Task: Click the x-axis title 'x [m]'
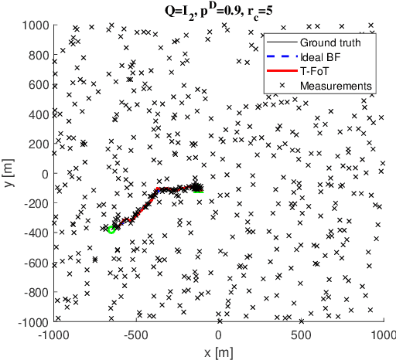pyautogui.click(x=219, y=352)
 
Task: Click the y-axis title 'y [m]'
pyautogui.click(x=9, y=173)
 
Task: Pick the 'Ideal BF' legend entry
pyautogui.click(x=322, y=56)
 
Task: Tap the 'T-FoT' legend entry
pyautogui.click(x=316, y=70)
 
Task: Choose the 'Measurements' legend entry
pyautogui.click(x=336, y=84)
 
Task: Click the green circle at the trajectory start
pyautogui.click(x=111, y=229)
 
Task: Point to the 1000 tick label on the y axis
pyautogui.click(x=33, y=25)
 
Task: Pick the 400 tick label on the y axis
pyautogui.click(x=36, y=114)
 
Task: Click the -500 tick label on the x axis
pyautogui.click(x=136, y=335)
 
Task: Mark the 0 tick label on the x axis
pyautogui.click(x=219, y=335)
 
